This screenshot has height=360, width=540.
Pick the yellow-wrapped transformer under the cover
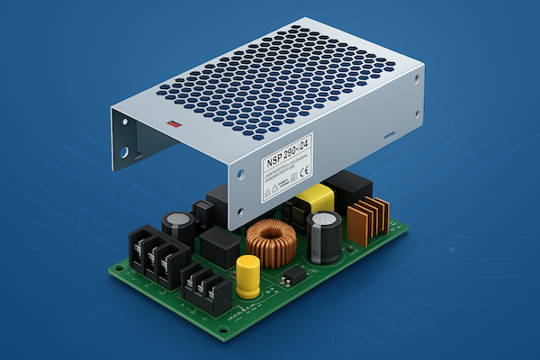click(316, 200)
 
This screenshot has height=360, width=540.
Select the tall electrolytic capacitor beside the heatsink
click(322, 236)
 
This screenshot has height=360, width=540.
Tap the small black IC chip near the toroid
click(292, 274)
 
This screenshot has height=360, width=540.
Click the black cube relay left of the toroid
click(218, 245)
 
